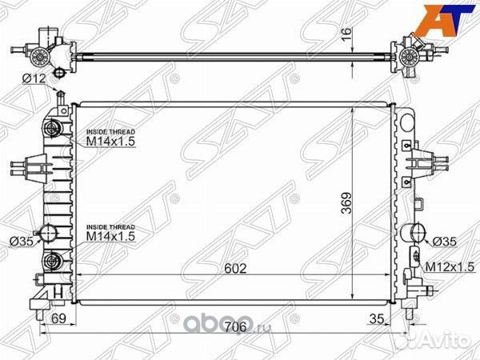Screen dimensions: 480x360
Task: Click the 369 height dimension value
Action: [347, 202]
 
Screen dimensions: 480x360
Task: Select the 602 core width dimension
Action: [235, 269]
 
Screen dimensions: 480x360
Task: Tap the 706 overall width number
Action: [235, 327]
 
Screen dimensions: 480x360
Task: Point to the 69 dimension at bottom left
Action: [58, 318]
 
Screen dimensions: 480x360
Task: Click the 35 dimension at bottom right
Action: [377, 318]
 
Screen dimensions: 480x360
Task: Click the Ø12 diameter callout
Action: [34, 78]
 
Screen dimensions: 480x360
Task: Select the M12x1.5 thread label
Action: [450, 267]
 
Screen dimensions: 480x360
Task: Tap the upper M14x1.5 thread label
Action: [111, 142]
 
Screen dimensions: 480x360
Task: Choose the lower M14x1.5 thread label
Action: [111, 236]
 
